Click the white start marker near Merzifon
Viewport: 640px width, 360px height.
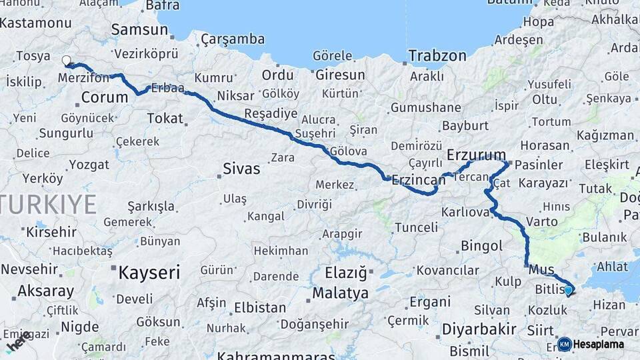click(x=66, y=61)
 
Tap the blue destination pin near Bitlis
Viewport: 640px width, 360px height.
click(x=568, y=290)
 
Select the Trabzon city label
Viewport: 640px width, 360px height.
click(x=437, y=55)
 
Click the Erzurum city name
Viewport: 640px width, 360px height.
click(x=476, y=155)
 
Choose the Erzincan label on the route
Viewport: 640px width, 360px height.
click(x=419, y=179)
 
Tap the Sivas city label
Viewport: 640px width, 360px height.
click(x=241, y=168)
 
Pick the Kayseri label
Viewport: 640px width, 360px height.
click(x=149, y=272)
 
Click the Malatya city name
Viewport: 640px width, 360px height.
click(x=340, y=293)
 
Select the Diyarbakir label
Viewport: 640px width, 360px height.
click(x=479, y=329)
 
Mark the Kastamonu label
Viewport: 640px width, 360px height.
click(x=36, y=23)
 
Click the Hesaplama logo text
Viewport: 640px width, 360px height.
click(x=599, y=345)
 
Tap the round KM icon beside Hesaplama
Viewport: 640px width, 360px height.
click(x=564, y=344)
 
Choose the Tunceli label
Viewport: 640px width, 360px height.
click(x=417, y=227)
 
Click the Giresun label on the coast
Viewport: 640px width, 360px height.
click(x=340, y=75)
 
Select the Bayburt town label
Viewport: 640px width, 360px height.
click(x=465, y=125)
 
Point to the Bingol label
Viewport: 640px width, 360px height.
click(x=481, y=246)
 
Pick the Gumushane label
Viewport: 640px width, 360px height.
click(x=425, y=107)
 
